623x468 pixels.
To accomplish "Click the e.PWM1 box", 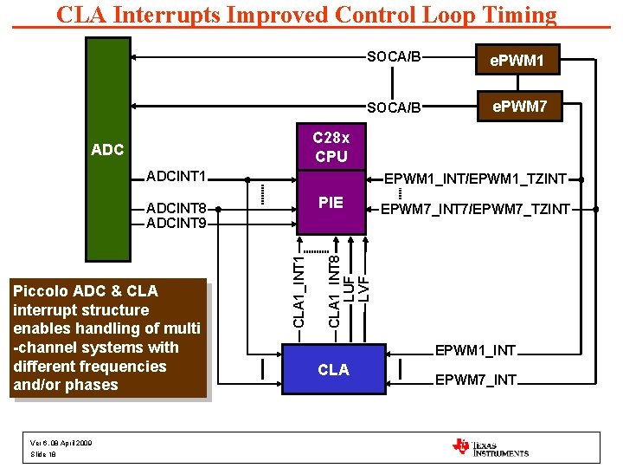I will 517,61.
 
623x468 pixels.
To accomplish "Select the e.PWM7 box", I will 519,107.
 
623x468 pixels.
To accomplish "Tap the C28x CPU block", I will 331,147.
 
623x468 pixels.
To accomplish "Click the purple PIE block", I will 331,203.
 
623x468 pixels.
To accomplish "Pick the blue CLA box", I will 333,370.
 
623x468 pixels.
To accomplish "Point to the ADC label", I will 107,150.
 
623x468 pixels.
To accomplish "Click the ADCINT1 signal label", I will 177,177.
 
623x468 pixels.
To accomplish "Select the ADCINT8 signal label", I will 177,208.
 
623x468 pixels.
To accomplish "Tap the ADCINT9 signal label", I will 177,224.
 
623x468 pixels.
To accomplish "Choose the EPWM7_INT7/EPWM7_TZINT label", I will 476,209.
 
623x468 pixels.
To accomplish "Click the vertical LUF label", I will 349,288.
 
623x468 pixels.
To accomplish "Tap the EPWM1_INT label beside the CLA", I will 475,351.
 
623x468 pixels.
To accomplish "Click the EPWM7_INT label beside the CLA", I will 475,380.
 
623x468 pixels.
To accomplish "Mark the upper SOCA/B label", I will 394,57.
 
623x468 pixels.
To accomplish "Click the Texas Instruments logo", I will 490,446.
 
